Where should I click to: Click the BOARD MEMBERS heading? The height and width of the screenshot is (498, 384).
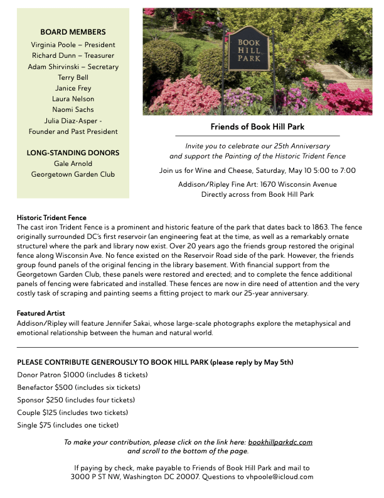tap(73, 32)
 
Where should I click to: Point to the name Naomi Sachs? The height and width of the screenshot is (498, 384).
tap(73, 109)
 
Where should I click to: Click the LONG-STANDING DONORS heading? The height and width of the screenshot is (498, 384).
tap(73, 153)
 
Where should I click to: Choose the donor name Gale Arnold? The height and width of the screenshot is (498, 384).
tap(73, 163)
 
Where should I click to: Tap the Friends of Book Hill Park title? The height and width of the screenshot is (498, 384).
tap(257, 126)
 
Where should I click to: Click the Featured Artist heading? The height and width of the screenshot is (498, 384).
tap(41, 313)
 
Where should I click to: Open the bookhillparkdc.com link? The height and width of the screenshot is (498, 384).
tap(280, 442)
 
